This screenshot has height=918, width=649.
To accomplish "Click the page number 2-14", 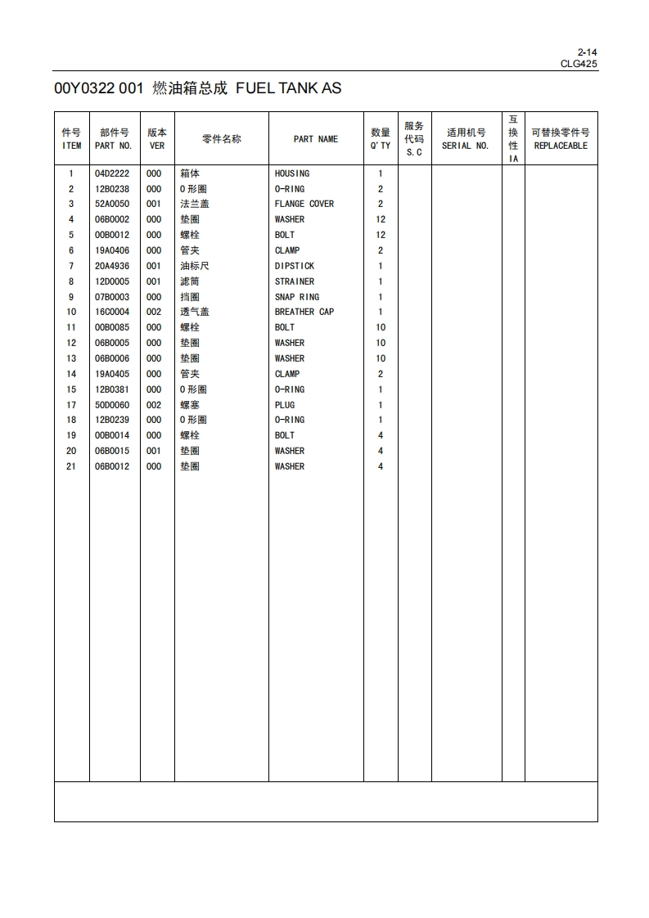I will (x=587, y=52).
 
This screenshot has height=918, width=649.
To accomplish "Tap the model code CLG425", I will (x=579, y=63).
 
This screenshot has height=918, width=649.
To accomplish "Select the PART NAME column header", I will (x=315, y=139).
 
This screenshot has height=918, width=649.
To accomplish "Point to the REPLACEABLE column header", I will (x=561, y=146).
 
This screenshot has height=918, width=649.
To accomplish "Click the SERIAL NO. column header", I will (x=465, y=146).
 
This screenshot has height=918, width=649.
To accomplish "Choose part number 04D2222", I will (x=111, y=173).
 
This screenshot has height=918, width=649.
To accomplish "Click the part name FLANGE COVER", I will (x=304, y=204).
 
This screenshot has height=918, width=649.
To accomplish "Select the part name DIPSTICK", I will (x=294, y=266).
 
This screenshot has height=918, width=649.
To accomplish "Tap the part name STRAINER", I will (x=294, y=281).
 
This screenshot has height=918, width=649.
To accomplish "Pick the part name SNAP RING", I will (x=296, y=297).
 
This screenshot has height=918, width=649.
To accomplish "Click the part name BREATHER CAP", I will (x=304, y=312).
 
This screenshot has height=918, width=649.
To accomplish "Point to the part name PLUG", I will (x=285, y=405).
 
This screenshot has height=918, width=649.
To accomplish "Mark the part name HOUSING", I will (x=291, y=173).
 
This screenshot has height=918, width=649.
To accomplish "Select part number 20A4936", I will (x=111, y=266).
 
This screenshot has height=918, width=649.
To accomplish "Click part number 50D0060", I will (x=111, y=405).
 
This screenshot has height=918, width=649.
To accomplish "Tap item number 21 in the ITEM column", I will (x=71, y=466).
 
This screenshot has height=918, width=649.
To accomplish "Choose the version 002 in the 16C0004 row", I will (x=154, y=312).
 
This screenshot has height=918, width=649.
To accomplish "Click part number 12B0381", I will (x=111, y=389).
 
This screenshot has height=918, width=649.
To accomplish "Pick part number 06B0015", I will (x=111, y=451).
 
